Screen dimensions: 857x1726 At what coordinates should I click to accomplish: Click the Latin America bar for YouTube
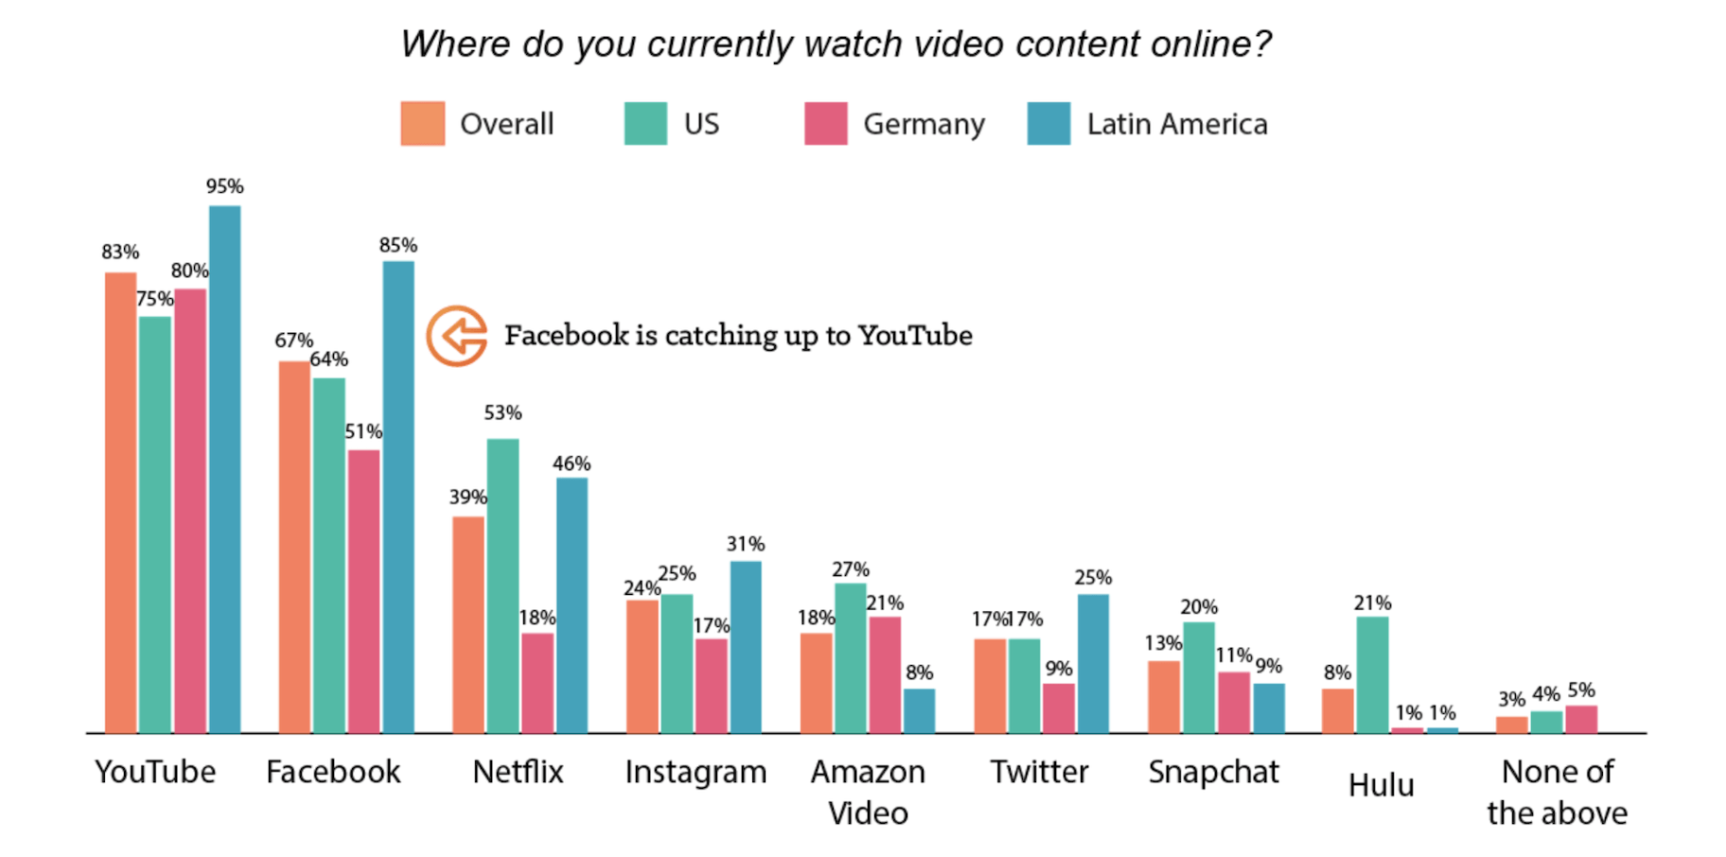point(224,469)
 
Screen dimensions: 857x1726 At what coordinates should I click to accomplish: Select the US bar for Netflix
point(502,586)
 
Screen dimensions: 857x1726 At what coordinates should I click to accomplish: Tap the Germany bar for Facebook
point(363,591)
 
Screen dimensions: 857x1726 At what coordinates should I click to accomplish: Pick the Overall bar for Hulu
point(1337,710)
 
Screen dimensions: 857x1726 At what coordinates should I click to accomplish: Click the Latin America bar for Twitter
point(1093,663)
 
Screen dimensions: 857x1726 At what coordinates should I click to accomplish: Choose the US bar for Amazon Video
point(850,657)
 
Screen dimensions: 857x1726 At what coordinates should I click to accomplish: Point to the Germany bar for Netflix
point(537,682)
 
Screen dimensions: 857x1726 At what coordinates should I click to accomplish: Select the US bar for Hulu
point(1372,674)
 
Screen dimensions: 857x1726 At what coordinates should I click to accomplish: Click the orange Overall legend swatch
point(422,124)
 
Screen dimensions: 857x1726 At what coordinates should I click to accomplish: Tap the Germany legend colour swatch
point(825,124)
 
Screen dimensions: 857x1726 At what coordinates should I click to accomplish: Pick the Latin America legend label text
point(1176,124)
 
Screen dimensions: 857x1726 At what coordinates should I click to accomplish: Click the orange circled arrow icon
point(457,335)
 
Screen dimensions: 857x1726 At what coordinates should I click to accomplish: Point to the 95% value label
point(224,186)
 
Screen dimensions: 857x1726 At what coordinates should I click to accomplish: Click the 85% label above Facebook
point(397,245)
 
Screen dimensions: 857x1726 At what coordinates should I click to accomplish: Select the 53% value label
point(502,412)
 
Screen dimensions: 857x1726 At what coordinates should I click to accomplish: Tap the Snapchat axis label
point(1213,772)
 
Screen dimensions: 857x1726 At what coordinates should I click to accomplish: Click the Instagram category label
point(696,772)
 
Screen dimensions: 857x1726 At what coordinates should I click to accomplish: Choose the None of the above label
point(1557,792)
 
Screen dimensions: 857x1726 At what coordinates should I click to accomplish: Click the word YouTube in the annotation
point(915,335)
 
